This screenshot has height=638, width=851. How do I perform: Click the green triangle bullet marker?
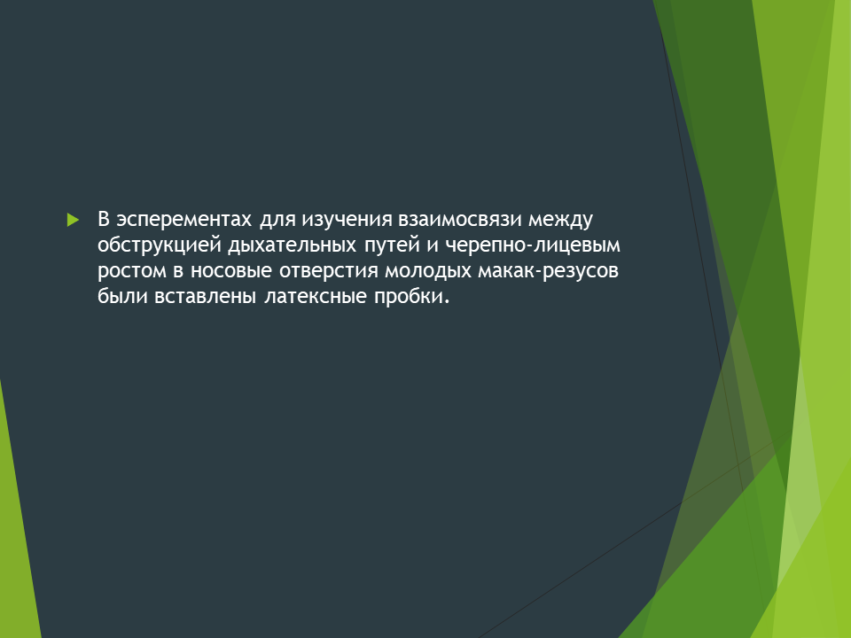click(x=74, y=220)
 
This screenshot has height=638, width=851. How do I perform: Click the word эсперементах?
click(x=184, y=219)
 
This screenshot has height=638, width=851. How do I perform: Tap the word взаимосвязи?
click(x=460, y=219)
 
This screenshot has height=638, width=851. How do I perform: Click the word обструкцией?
click(x=160, y=246)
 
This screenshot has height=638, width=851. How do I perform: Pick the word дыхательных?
click(x=292, y=246)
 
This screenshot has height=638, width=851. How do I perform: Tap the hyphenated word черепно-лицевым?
click(x=533, y=246)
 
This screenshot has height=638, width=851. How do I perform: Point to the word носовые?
click(x=230, y=271)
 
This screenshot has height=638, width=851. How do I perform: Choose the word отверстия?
click(x=328, y=271)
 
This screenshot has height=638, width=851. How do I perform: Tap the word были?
click(x=122, y=297)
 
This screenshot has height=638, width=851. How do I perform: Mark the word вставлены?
click(x=205, y=297)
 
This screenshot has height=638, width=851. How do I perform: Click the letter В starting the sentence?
click(x=105, y=219)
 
